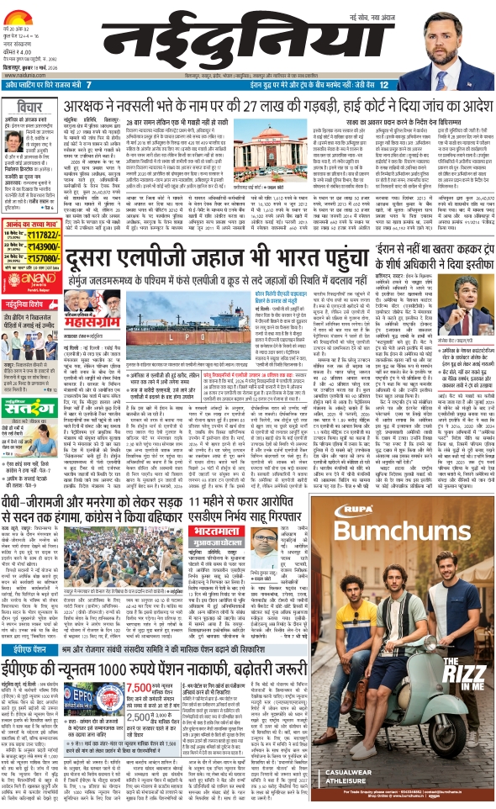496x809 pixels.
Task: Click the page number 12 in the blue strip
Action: (383, 85)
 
